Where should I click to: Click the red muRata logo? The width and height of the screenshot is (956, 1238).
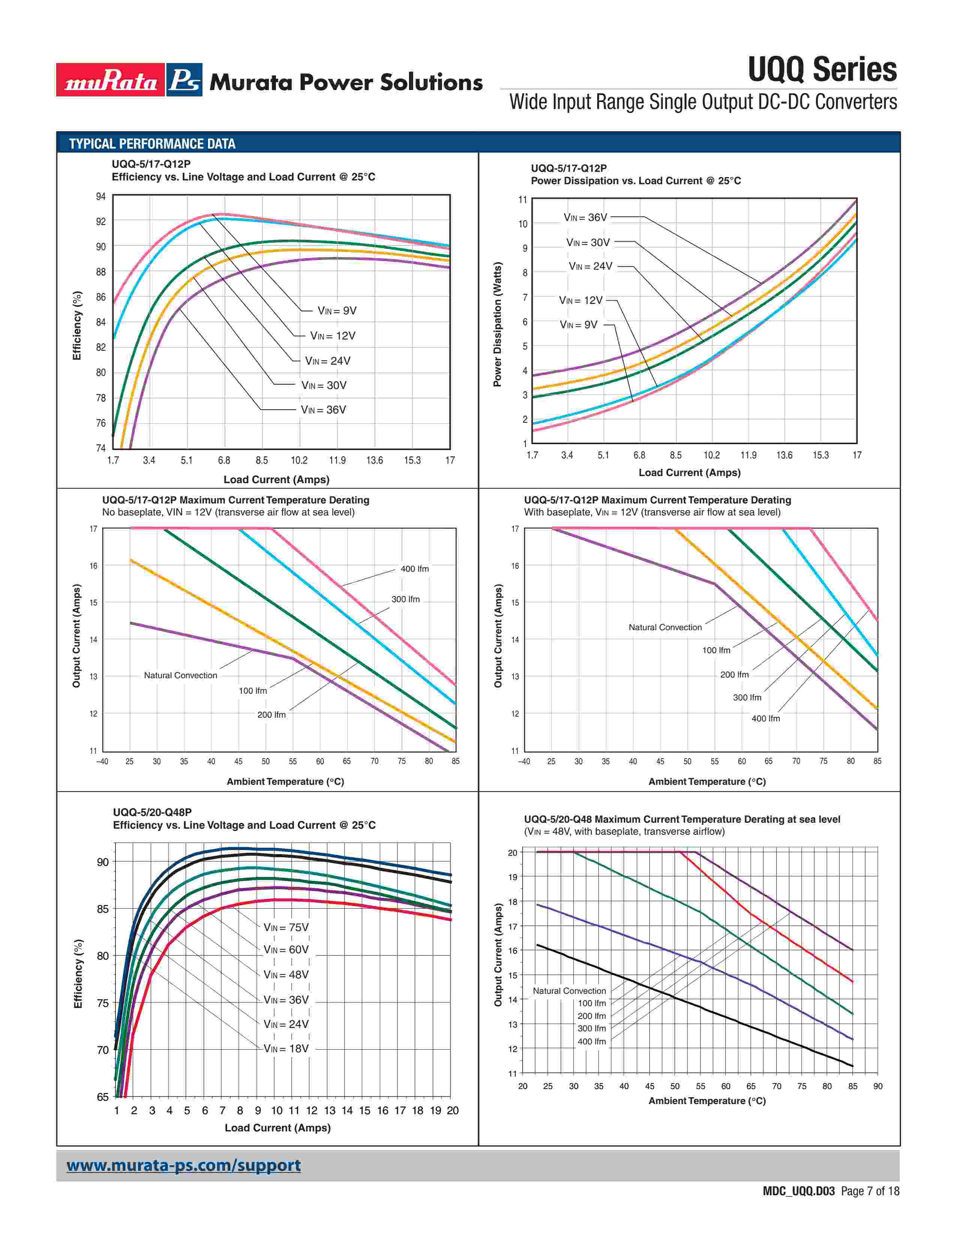111,80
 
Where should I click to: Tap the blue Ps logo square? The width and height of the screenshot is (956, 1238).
184,80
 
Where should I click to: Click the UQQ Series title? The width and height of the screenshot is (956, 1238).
822,70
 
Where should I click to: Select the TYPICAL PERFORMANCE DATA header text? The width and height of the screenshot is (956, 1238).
152,144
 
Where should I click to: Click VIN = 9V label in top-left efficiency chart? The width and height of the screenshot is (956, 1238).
337,311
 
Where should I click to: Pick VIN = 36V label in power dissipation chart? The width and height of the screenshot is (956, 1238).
585,217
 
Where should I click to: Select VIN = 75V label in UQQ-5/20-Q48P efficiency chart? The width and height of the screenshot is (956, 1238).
286,927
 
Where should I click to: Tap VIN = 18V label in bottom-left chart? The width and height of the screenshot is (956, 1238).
286,1048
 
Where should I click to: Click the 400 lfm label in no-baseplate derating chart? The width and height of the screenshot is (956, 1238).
415,569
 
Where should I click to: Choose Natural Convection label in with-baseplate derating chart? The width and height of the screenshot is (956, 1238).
665,628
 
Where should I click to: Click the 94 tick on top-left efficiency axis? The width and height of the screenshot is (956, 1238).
101,197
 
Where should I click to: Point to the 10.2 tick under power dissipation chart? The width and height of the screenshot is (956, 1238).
711,455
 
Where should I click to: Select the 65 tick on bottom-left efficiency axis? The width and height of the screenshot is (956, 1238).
102,1097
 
